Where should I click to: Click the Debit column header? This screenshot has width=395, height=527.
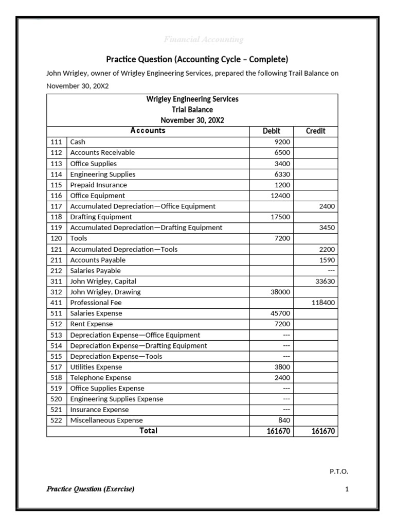(272, 131)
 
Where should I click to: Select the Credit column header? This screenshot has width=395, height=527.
(315, 131)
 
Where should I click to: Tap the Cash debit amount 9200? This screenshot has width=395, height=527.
(282, 142)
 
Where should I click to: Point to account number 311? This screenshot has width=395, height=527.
(56, 282)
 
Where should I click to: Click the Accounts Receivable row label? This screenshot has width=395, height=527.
(102, 153)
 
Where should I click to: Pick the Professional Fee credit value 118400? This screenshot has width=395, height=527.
(323, 303)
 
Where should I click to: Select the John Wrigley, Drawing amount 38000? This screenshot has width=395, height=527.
(280, 292)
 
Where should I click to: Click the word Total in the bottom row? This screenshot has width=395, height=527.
(148, 431)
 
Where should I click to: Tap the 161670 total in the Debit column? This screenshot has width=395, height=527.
(278, 431)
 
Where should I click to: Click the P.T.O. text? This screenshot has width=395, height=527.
(338, 471)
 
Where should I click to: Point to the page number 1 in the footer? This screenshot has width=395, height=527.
(347, 489)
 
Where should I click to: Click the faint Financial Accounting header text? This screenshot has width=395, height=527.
(203, 40)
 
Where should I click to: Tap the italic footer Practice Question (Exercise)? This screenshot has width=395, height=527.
(91, 489)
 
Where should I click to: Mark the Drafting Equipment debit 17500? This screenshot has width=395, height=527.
(280, 217)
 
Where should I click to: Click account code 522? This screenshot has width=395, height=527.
(56, 420)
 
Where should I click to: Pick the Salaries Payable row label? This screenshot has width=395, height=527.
(95, 271)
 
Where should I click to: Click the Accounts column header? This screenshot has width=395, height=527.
(148, 131)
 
